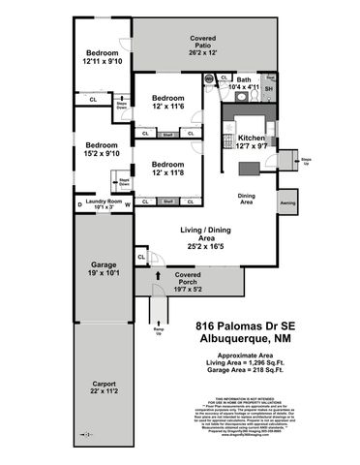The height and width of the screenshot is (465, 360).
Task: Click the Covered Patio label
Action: click(202, 44)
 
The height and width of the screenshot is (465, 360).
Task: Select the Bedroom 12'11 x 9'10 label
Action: click(101, 57)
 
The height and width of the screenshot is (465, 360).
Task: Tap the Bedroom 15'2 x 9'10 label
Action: click(101, 147)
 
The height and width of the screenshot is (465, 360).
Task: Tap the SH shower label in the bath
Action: click(269, 89)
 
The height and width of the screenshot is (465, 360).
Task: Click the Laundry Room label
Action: click(104, 203)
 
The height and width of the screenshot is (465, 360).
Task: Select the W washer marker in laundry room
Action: click(127, 203)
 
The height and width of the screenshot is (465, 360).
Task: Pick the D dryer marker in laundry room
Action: click(80, 204)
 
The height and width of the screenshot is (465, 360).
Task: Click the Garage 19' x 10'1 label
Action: click(104, 270)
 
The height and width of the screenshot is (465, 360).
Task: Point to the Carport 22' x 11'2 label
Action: click(104, 387)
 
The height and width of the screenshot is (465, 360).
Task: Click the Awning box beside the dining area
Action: click(286, 203)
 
